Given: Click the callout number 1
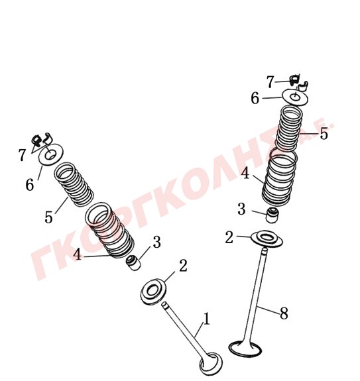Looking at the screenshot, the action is click(207, 319).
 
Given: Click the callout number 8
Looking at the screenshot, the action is click(284, 313).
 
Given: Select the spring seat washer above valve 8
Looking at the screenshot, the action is click(267, 239).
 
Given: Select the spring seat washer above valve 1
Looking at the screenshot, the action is click(154, 292).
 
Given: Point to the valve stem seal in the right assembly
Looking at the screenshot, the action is click(272, 215).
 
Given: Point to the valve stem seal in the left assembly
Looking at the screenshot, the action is click(134, 262).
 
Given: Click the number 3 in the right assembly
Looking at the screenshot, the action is click(241, 209).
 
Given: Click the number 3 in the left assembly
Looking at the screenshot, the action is click(156, 242).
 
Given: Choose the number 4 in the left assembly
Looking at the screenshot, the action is click(78, 254).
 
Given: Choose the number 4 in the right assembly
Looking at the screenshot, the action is click(245, 174).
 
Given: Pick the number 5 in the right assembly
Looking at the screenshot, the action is click(324, 134).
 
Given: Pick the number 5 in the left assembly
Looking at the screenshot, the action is click(48, 217).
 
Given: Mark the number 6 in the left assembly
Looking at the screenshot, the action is click(30, 185).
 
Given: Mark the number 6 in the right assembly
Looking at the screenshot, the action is click(255, 99).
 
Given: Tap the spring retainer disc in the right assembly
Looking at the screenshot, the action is click(295, 97).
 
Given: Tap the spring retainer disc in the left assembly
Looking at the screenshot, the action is click(51, 155).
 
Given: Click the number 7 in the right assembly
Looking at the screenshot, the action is click(270, 82).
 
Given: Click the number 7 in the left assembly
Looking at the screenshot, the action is click(22, 155).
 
